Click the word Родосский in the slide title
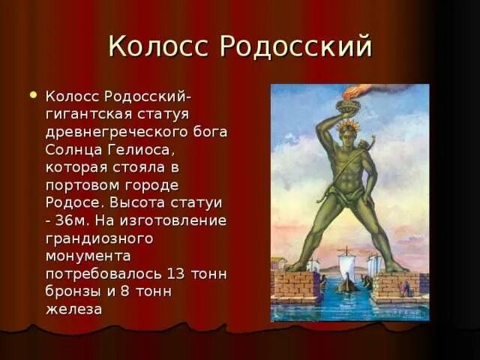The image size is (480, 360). pos(296,46)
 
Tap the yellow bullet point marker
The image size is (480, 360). pos(31,95)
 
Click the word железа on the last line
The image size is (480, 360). pos(74,308)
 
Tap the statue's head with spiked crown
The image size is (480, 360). pos(347,128)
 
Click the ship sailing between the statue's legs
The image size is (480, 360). pos(346,271)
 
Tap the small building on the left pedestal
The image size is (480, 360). pos(279,264)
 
